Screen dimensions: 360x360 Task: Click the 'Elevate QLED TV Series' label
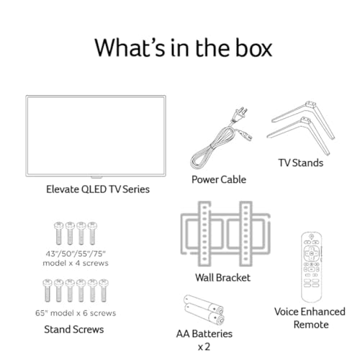click(98, 189)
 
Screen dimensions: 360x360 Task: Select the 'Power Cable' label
click(219, 179)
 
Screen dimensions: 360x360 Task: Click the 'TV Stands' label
click(301, 163)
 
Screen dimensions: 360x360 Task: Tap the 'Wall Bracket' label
click(222, 278)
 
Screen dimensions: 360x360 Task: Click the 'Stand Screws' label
click(74, 329)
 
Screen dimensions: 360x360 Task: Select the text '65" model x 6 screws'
click(76, 313)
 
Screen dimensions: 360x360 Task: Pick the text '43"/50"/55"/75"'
click(76, 253)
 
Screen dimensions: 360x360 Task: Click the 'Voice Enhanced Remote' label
click(310, 318)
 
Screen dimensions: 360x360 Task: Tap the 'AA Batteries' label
click(204, 334)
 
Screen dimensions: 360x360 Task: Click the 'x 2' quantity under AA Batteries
click(204, 347)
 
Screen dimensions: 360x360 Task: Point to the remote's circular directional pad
click(311, 253)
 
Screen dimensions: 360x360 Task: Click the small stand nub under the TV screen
click(96, 177)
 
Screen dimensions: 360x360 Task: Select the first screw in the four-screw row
click(58, 233)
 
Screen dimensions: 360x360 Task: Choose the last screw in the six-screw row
click(104, 290)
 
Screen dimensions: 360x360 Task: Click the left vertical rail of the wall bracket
click(204, 234)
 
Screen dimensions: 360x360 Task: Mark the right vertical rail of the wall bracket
click(246, 234)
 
